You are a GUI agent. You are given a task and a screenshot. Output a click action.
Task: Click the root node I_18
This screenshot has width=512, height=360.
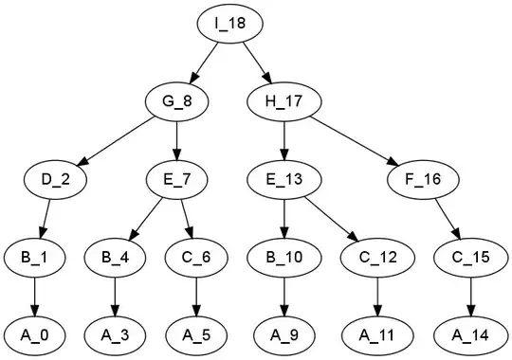click(x=229, y=24)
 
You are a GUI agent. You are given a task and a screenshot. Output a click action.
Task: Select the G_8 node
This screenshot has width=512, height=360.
click(x=176, y=101)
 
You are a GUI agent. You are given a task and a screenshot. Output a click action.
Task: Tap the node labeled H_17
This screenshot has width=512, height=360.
click(x=284, y=101)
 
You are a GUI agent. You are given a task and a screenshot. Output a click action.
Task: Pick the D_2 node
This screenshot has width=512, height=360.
click(x=55, y=179)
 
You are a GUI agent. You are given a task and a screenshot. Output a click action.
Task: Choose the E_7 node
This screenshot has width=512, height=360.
click(x=176, y=179)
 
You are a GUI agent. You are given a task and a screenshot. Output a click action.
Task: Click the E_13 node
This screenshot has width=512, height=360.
click(x=284, y=179)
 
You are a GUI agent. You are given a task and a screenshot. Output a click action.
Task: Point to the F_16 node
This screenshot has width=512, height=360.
click(x=423, y=179)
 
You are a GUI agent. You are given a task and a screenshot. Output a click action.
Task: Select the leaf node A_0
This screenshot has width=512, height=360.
click(x=35, y=335)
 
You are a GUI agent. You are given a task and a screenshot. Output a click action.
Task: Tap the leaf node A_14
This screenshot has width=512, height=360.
click(x=470, y=335)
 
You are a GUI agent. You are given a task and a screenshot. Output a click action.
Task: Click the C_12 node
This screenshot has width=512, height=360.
click(x=377, y=258)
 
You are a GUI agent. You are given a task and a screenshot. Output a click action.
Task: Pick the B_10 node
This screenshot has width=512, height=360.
click(x=284, y=258)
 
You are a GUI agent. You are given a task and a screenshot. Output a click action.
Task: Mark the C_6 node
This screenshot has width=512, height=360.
click(x=196, y=258)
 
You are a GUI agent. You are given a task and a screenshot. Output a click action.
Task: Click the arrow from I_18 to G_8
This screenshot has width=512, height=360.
click(x=204, y=62)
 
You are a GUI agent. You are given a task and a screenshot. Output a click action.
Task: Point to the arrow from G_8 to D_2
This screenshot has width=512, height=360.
click(x=117, y=141)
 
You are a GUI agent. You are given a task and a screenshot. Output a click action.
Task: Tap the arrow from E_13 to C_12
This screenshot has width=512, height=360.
click(x=332, y=220)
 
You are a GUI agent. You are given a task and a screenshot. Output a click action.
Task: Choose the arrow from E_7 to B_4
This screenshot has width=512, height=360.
click(x=146, y=219)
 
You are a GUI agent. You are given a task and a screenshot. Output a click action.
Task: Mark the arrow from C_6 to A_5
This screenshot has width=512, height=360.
click(x=196, y=297)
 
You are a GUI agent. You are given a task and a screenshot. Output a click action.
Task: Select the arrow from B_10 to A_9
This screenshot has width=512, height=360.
click(x=284, y=297)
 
